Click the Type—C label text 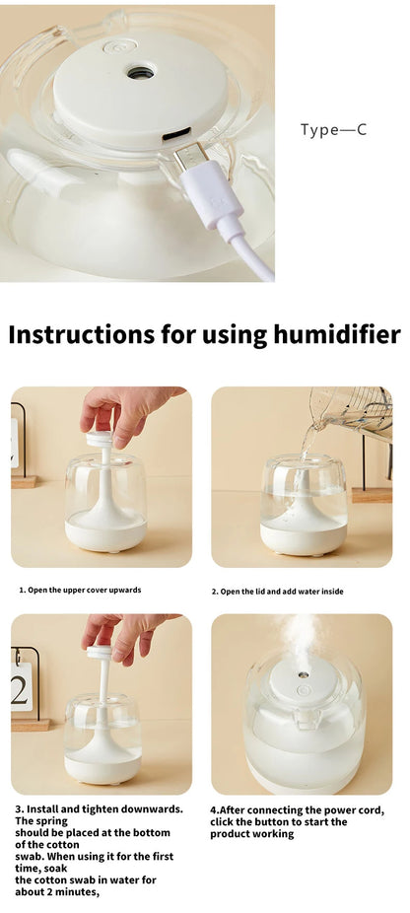pos(333,129)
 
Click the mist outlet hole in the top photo pos(141,73)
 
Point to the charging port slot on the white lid pos(176,136)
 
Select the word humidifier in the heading pos(337,335)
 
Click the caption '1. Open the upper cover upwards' pos(81,590)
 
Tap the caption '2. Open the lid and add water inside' pos(277,592)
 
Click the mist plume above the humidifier pos(301,639)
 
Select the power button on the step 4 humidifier pos(303,690)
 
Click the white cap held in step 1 pos(99,439)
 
